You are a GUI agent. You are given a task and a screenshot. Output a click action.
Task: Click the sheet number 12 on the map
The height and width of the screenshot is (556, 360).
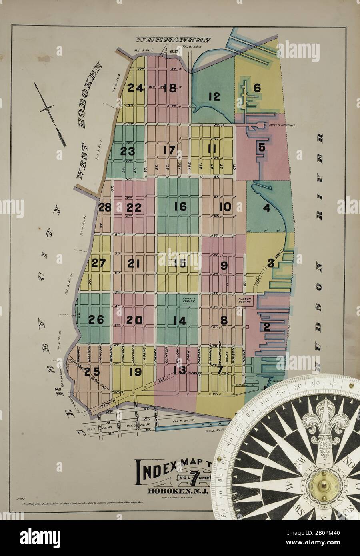(x=214, y=96)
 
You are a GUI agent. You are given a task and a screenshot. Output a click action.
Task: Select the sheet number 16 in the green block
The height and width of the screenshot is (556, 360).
(x=180, y=206)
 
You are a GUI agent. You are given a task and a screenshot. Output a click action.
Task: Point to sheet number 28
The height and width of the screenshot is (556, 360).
(x=105, y=208)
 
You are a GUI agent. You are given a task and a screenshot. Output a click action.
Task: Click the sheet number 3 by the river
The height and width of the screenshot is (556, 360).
(x=271, y=263)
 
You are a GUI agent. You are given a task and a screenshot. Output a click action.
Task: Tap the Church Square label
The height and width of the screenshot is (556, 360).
(x=188, y=300)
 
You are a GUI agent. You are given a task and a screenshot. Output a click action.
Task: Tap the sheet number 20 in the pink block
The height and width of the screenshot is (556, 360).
(x=134, y=320)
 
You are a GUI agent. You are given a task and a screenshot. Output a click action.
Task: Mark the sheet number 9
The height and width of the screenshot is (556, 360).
(x=224, y=265)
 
